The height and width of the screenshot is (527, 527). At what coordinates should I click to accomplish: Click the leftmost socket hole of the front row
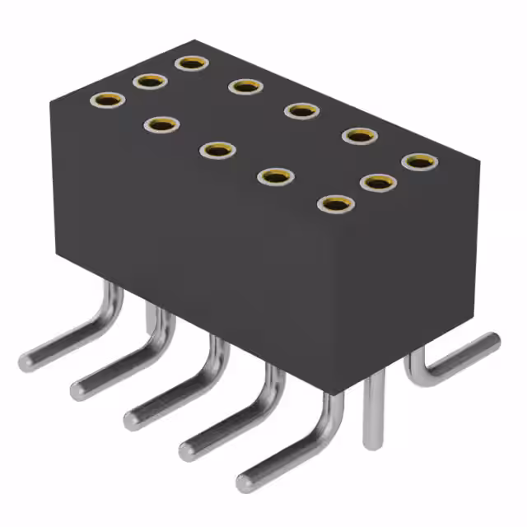pyautogui.click(x=108, y=100)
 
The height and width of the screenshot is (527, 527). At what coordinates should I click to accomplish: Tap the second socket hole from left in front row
pyautogui.click(x=163, y=124)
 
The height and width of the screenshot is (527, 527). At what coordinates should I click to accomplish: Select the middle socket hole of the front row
pyautogui.click(x=217, y=150)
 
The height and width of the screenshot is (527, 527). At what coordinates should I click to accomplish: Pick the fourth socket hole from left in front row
pyautogui.click(x=276, y=176)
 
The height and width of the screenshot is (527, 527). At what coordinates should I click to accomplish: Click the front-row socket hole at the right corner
pyautogui.click(x=333, y=203)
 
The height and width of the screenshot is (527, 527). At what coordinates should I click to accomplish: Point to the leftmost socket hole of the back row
pyautogui.click(x=191, y=63)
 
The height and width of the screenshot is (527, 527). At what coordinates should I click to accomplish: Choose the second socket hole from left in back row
pyautogui.click(x=245, y=86)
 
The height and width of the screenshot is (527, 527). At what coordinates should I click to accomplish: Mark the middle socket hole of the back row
pyautogui.click(x=301, y=110)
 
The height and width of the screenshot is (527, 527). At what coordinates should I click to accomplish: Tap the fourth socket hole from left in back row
pyautogui.click(x=359, y=135)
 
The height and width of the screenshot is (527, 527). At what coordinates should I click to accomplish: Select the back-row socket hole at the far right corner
pyautogui.click(x=420, y=161)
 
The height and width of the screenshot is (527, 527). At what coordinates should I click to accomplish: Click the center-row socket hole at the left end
pyautogui.click(x=150, y=81)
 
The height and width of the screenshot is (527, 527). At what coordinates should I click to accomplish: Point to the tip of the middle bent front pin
pyautogui.click(x=133, y=419)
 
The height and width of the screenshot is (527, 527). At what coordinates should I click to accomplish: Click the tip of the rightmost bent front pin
pyautogui.click(x=245, y=483)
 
